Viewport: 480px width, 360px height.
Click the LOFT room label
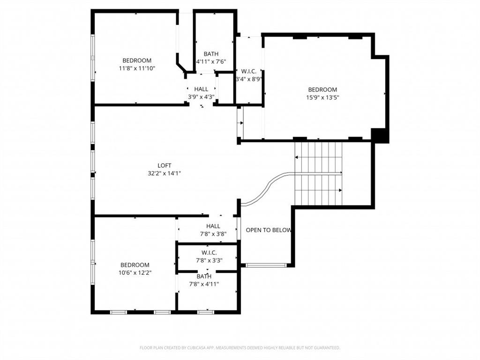click(x=164, y=165)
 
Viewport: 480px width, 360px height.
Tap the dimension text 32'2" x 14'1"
click(x=164, y=173)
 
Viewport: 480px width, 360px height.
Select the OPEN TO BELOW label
click(x=269, y=230)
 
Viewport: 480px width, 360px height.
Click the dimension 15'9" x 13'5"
click(x=322, y=97)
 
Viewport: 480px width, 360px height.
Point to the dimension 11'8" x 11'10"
click(x=137, y=68)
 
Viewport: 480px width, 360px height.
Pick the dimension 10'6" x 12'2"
click(x=135, y=272)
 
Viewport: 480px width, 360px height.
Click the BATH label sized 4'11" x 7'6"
click(x=211, y=54)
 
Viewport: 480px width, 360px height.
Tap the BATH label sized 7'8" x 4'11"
click(x=204, y=277)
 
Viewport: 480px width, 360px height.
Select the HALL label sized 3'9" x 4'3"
click(x=201, y=89)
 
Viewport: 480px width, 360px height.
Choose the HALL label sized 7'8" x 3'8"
click(x=213, y=226)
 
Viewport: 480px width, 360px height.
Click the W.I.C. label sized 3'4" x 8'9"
click(x=248, y=71)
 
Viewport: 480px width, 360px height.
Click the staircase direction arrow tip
click(x=341, y=190)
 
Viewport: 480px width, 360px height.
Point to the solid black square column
click(x=380, y=135)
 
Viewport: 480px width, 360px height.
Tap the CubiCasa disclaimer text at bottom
click(x=240, y=348)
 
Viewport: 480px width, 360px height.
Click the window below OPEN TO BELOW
click(x=266, y=265)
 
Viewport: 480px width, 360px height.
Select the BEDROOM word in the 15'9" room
click(x=322, y=90)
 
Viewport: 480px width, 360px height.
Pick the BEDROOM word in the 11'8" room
click(x=137, y=60)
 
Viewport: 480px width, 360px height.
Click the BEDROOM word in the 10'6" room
click(x=135, y=265)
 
